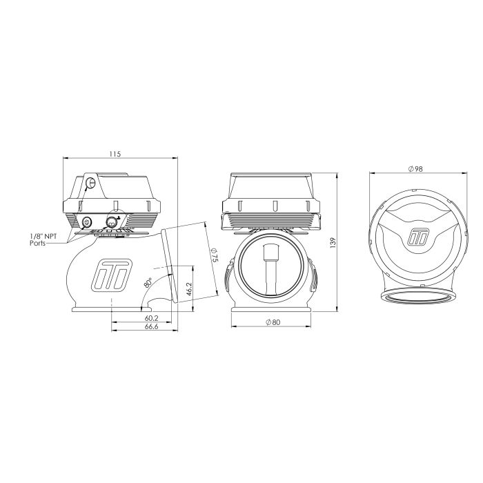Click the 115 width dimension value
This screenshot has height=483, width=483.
click(115, 154)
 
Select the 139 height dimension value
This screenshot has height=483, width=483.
click(333, 242)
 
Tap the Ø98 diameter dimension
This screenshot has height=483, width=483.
click(415, 169)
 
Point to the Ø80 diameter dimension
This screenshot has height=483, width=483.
click(273, 322)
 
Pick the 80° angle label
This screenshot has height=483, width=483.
click(148, 282)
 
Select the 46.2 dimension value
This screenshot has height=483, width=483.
click(189, 289)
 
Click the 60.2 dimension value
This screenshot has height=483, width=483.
click(152, 317)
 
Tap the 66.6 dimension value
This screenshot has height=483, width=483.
click(152, 326)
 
